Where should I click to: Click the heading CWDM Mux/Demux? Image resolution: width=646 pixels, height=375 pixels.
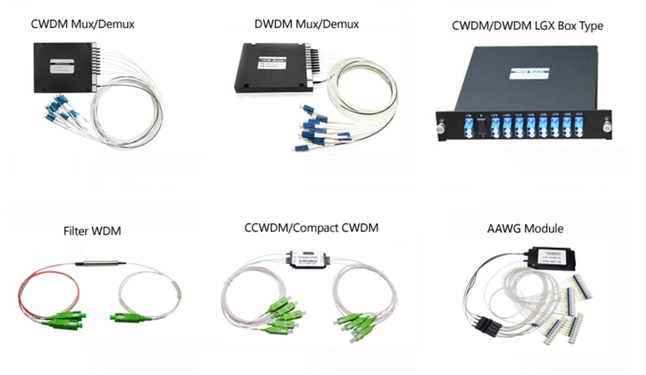pyautogui.click(x=83, y=24)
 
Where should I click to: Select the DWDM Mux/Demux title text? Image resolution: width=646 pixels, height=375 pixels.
pyautogui.click(x=307, y=24)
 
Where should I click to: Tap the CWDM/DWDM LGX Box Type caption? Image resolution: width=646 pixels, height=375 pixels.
pyautogui.click(x=527, y=26)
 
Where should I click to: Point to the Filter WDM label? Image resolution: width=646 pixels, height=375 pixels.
pyautogui.click(x=92, y=231)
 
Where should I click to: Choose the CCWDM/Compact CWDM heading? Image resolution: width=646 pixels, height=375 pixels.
pyautogui.click(x=311, y=228)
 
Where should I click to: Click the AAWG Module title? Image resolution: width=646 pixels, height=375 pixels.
pyautogui.click(x=525, y=229)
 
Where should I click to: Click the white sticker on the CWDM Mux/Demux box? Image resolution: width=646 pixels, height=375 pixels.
pyautogui.click(x=62, y=66)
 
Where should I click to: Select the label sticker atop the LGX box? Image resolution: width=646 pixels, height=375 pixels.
pyautogui.click(x=528, y=73)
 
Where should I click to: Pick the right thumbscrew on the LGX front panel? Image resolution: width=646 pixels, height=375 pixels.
pyautogui.click(x=606, y=125)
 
